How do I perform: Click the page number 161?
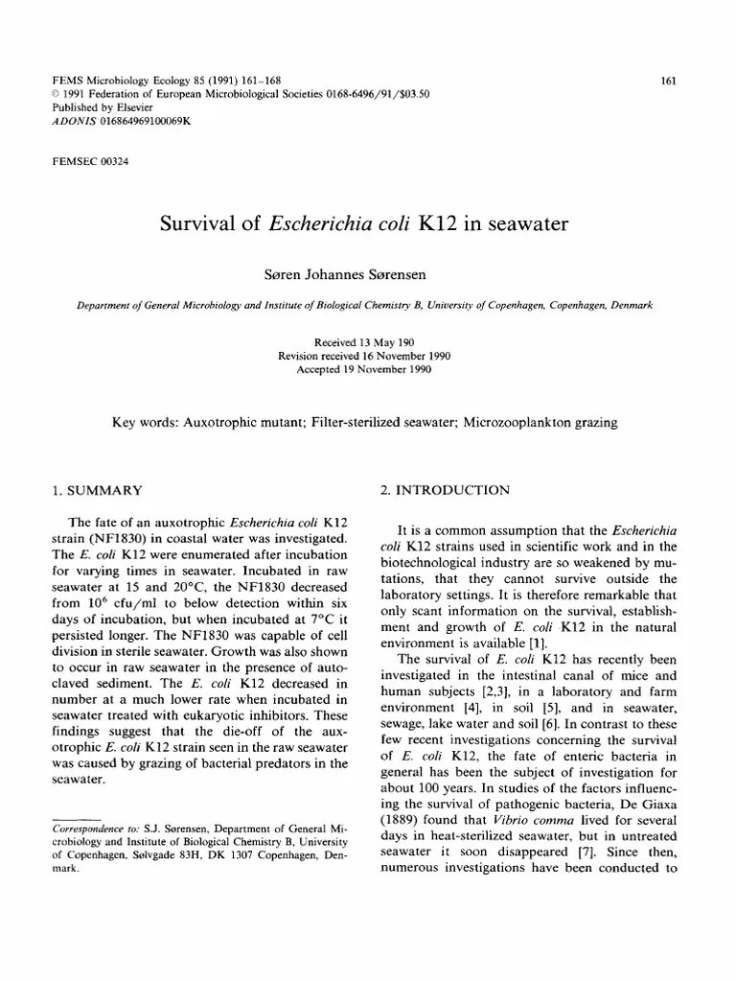click(x=670, y=81)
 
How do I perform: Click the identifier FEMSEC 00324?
click(x=90, y=161)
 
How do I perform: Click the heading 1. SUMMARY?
click(x=97, y=490)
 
